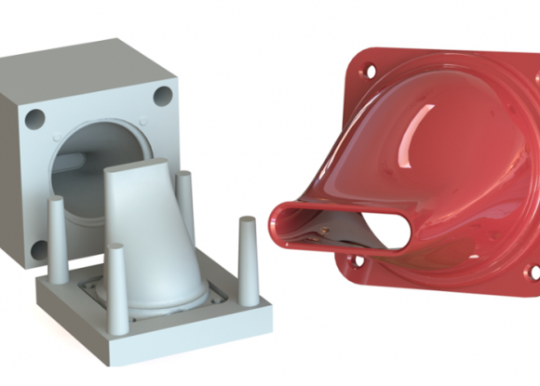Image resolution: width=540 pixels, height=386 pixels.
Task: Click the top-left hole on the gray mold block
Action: (x=34, y=118)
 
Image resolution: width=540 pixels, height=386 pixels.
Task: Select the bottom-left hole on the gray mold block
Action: (x=39, y=250)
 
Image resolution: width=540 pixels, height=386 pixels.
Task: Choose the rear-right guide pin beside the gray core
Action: (x=184, y=200)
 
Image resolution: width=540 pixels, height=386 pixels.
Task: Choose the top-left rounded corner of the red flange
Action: (x=358, y=58)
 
